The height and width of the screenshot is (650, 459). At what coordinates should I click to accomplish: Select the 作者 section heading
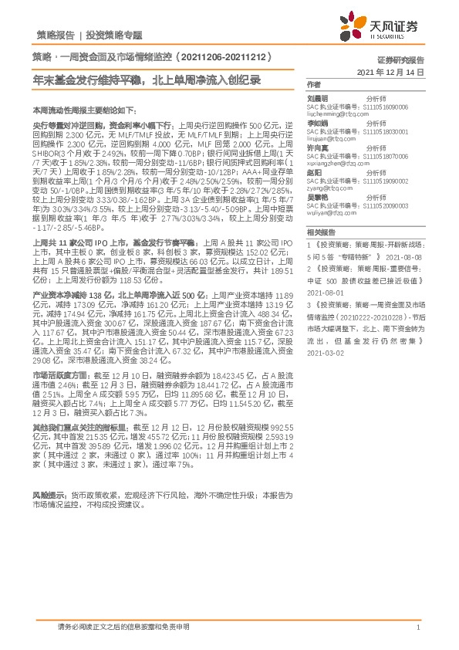(x=313, y=83)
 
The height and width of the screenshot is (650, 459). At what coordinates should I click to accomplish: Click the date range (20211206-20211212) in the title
(x=228, y=57)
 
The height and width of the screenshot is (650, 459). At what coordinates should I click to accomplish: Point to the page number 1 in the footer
(x=418, y=628)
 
